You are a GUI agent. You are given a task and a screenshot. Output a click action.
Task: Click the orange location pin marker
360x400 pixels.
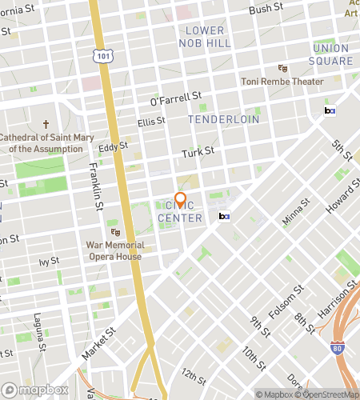click(x=180, y=200)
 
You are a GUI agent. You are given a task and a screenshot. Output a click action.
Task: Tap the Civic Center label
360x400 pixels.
click(x=180, y=211)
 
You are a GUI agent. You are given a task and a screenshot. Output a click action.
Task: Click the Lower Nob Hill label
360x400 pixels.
click(x=205, y=35)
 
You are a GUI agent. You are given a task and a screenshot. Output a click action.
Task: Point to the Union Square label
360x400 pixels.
click(x=332, y=54)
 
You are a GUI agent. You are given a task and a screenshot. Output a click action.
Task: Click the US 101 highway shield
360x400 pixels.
click(x=102, y=56)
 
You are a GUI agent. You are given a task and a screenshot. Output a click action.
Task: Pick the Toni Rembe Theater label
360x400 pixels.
click(x=282, y=82)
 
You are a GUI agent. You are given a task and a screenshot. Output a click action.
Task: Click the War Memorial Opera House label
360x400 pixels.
click(x=115, y=250)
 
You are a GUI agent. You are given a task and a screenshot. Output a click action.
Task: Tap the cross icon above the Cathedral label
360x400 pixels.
click(x=46, y=125)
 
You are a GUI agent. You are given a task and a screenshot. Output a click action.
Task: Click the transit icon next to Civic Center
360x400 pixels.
click(x=224, y=216)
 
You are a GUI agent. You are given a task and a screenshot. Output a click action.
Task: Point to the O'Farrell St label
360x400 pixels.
click(x=175, y=98)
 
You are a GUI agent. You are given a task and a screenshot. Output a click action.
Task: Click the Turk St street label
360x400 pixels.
click(x=198, y=150)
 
